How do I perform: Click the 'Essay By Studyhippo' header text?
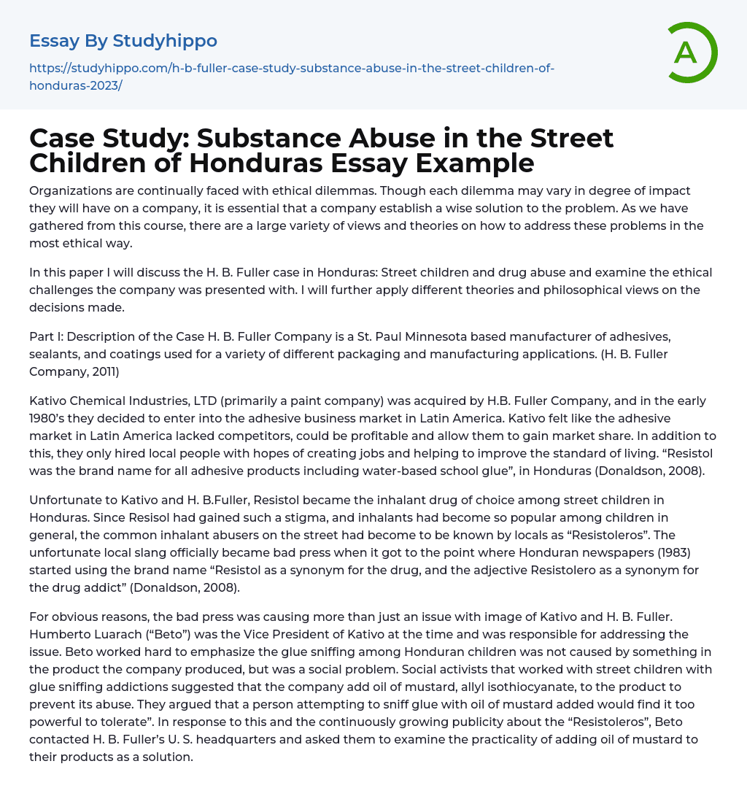coord(123,41)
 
